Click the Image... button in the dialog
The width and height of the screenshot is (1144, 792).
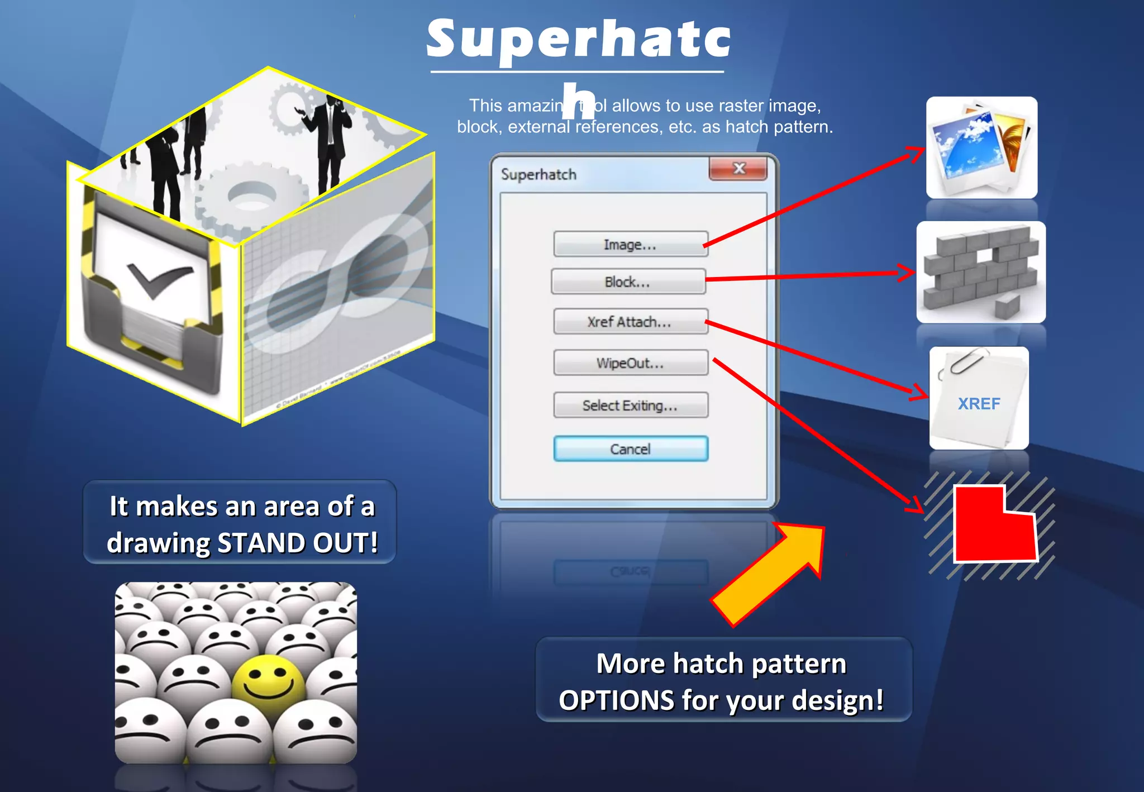[631, 245]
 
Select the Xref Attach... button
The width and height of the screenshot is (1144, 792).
[631, 322]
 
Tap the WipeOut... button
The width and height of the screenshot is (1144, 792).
[631, 363]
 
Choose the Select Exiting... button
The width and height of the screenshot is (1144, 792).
[631, 405]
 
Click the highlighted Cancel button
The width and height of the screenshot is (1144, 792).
[631, 449]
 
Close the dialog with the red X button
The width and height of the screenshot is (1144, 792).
[738, 169]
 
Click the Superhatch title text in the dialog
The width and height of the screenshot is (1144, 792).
[538, 175]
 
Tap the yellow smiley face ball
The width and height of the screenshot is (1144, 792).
[268, 685]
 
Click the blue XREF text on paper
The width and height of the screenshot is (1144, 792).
[979, 404]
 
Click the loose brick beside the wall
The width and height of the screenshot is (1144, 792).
[1007, 306]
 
